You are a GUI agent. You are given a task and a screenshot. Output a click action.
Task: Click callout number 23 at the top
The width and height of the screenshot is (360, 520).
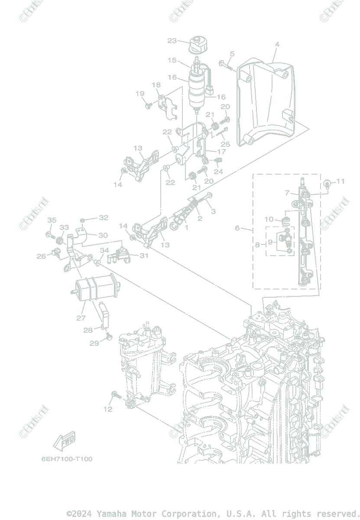(x=172, y=41)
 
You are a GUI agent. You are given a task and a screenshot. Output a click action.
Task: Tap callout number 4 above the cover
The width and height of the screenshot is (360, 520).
(x=277, y=44)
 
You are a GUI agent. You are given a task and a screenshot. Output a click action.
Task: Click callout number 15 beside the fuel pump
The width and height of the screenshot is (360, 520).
(x=172, y=60)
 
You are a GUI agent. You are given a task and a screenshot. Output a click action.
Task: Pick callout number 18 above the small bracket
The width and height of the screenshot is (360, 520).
(x=156, y=85)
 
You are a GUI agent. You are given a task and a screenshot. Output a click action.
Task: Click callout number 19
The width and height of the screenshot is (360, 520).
(x=139, y=94)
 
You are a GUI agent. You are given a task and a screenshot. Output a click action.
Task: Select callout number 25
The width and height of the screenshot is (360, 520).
(x=225, y=144)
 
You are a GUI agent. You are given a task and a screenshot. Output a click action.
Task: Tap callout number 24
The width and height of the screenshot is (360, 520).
(x=218, y=172)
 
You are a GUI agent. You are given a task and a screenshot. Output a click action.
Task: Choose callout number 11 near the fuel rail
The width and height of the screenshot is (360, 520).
(x=341, y=181)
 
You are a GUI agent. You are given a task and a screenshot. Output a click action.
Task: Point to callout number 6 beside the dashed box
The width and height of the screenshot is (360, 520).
(x=237, y=228)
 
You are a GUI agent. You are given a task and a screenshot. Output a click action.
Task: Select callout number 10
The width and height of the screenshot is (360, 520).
(x=269, y=219)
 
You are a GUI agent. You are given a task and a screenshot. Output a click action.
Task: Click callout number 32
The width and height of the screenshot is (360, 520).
(x=103, y=218)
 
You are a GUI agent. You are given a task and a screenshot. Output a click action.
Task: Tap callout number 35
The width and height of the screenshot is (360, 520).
(x=52, y=220)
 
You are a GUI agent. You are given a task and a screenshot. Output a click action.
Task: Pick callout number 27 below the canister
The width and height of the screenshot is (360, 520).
(x=81, y=318)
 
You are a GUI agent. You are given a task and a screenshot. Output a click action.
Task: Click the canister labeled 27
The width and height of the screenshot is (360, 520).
(x=97, y=288)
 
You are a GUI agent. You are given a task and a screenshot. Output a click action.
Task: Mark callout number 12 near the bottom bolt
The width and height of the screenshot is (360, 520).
(x=107, y=409)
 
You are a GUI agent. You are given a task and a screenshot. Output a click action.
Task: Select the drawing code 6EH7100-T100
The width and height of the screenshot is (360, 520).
(x=67, y=459)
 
